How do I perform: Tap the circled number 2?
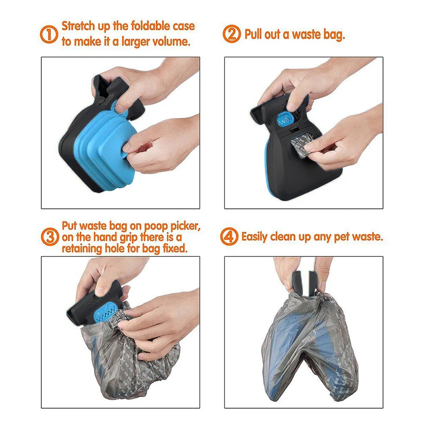coord(232,34)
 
